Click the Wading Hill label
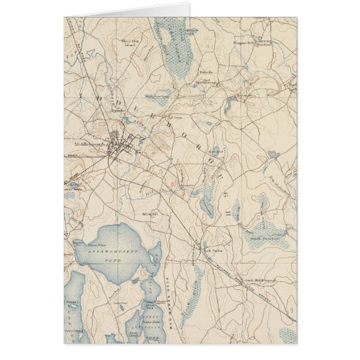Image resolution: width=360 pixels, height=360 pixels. pos(151,215)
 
